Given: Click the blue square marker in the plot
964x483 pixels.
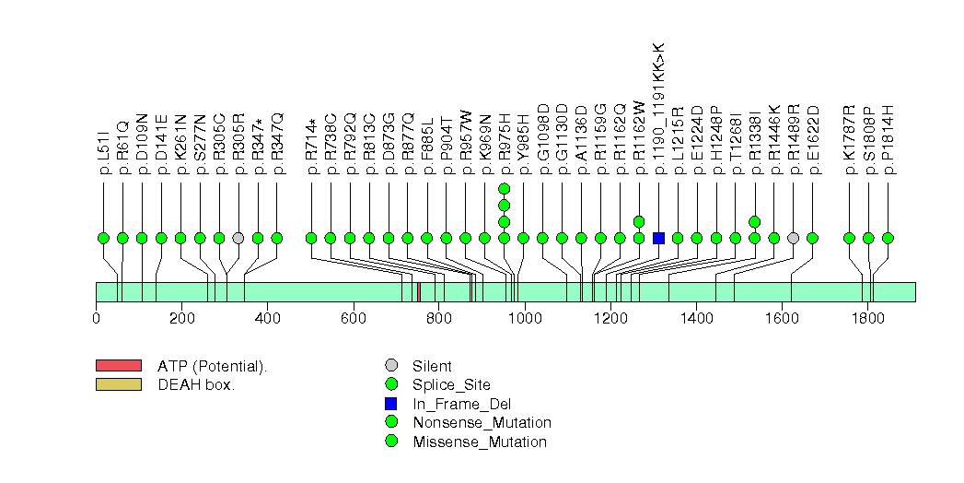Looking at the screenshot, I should (658, 238).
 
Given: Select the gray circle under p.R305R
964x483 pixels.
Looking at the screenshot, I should (238, 238).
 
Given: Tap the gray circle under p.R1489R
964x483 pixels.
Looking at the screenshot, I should (794, 238).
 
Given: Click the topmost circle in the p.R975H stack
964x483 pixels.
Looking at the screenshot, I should (504, 188).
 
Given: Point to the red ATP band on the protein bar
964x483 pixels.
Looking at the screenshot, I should (419, 291).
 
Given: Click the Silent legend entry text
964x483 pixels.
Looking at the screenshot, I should (433, 366).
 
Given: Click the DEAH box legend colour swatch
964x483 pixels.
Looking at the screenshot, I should (118, 384).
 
